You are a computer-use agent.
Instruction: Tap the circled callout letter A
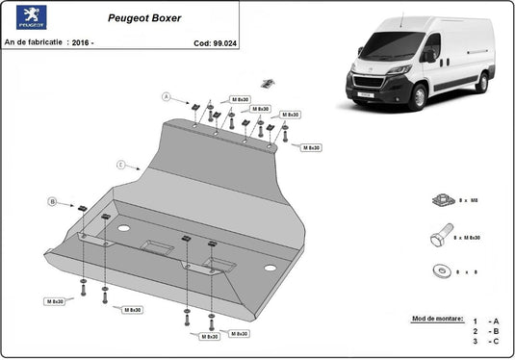click(166, 97)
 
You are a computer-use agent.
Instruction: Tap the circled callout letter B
click(52, 201)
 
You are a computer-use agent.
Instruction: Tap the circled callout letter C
click(120, 165)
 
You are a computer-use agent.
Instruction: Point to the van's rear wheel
click(481, 84)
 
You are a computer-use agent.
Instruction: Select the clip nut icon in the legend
click(444, 199)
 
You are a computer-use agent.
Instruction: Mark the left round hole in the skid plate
click(124, 229)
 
